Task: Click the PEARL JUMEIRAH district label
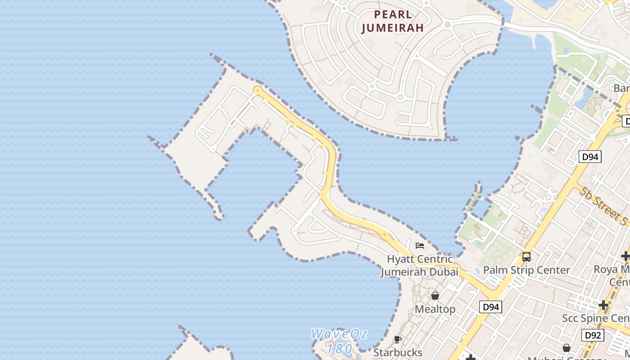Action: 393,21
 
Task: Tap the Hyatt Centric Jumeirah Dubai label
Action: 419,265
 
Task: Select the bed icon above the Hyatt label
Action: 420,246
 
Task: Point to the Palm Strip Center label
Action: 526,270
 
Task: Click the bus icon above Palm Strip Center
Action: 526,257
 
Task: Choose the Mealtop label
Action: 435,309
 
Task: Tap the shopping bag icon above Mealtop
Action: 435,296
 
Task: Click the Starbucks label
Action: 398,352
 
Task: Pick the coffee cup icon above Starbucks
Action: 397,339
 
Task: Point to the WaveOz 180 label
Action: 339,341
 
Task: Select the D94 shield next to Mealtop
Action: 490,307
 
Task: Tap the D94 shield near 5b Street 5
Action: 590,157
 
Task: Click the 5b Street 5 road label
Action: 603,207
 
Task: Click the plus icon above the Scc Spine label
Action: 603,306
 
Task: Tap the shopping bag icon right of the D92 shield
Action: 567,348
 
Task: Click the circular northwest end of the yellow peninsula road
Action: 257,90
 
